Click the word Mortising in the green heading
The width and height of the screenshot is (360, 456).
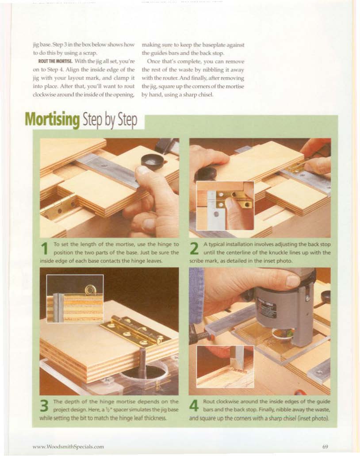pyautogui.click(x=52, y=120)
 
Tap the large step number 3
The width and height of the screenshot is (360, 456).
pyautogui.click(x=45, y=406)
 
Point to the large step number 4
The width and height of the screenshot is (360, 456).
pyautogui.click(x=194, y=406)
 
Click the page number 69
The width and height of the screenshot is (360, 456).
pyautogui.click(x=325, y=446)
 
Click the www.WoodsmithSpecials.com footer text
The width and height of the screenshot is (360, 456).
pyautogui.click(x=69, y=446)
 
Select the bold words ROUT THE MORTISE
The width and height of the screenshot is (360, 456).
pyautogui.click(x=55, y=61)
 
